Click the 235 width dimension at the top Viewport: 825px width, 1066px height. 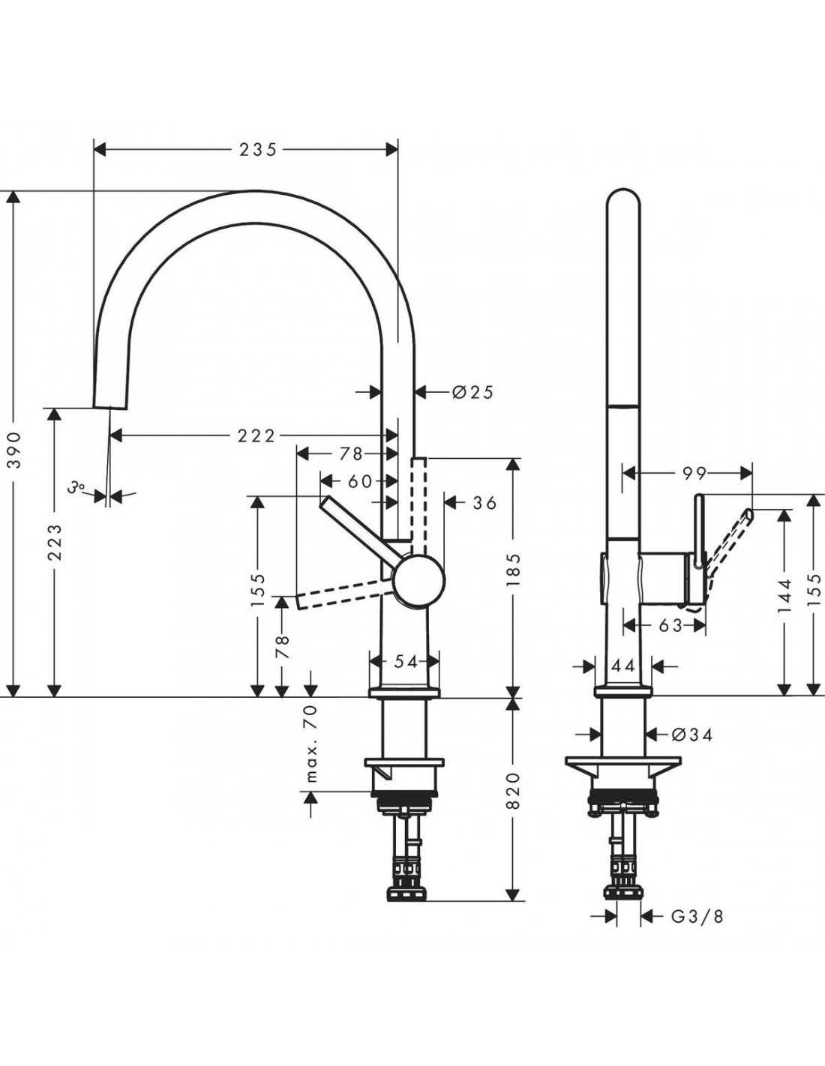[x=258, y=149]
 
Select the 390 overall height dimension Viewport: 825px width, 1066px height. [x=15, y=450]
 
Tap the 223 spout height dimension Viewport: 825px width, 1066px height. [x=55, y=543]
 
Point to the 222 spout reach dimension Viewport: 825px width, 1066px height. [x=256, y=435]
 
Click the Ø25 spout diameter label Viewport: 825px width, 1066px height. [x=472, y=392]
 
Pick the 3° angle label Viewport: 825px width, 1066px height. [x=76, y=487]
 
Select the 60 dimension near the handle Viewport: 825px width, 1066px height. [x=360, y=481]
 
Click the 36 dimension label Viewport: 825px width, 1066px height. [x=484, y=502]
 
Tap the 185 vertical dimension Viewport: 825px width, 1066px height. [x=513, y=570]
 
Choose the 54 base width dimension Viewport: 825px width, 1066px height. [x=406, y=662]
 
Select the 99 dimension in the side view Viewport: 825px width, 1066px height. [x=694, y=473]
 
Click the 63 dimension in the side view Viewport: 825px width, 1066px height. [x=670, y=625]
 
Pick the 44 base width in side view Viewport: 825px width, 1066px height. [x=623, y=666]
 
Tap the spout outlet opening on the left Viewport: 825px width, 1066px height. [x=111, y=406]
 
